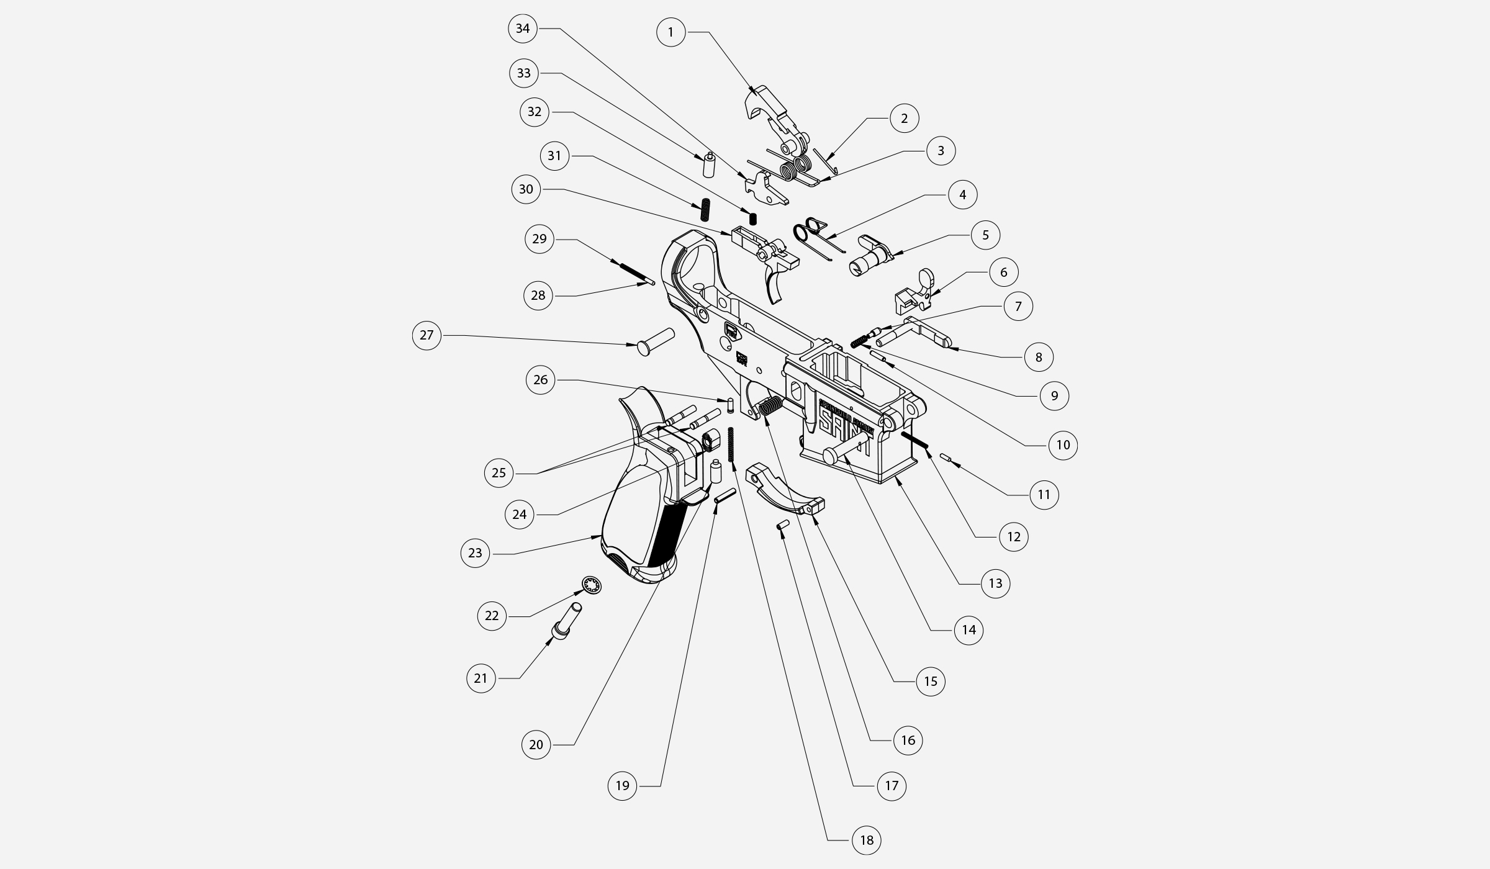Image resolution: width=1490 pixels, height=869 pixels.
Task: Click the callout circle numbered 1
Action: (x=670, y=32)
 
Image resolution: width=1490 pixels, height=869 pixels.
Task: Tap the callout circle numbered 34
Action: (x=523, y=29)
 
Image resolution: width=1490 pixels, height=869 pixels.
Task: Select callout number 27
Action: (x=427, y=335)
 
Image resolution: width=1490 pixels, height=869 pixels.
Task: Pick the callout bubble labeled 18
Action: (x=866, y=840)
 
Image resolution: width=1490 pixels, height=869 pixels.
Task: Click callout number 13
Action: (x=995, y=583)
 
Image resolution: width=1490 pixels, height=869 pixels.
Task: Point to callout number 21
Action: (x=481, y=678)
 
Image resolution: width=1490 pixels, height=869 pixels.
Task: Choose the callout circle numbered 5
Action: (x=986, y=235)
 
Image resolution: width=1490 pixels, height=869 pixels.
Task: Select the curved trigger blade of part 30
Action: (x=774, y=288)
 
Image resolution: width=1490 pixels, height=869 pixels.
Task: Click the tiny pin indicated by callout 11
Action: (x=946, y=458)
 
